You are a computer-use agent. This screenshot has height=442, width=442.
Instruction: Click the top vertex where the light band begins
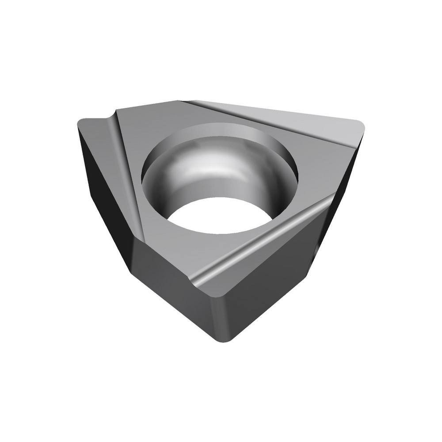pyautogui.click(x=182, y=102)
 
